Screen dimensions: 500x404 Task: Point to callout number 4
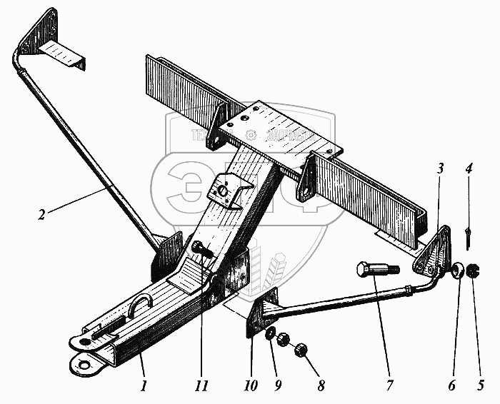pos(467,170)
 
